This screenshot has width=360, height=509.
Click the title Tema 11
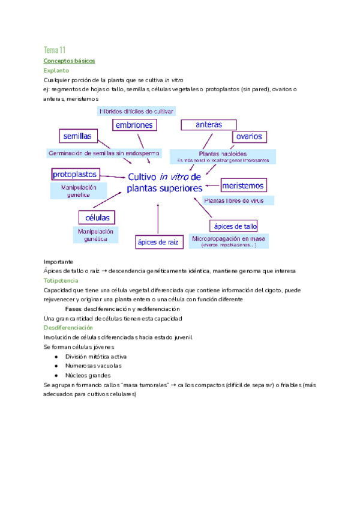(x=55, y=49)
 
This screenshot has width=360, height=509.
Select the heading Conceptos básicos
(x=69, y=61)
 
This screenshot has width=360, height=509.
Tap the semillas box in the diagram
(x=78, y=136)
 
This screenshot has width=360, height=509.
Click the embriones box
(x=135, y=124)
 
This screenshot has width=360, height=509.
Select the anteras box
(x=209, y=124)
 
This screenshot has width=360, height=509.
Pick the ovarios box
(x=249, y=137)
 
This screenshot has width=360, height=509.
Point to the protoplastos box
(x=75, y=174)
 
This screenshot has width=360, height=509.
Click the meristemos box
(x=244, y=185)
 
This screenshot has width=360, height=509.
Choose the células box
(x=97, y=217)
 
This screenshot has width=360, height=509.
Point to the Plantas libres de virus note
(x=238, y=200)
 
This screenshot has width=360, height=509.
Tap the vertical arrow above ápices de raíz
(x=157, y=218)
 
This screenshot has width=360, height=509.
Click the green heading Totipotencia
(x=61, y=280)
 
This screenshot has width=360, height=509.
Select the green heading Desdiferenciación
(x=68, y=328)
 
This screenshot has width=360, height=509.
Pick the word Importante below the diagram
(x=58, y=262)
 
